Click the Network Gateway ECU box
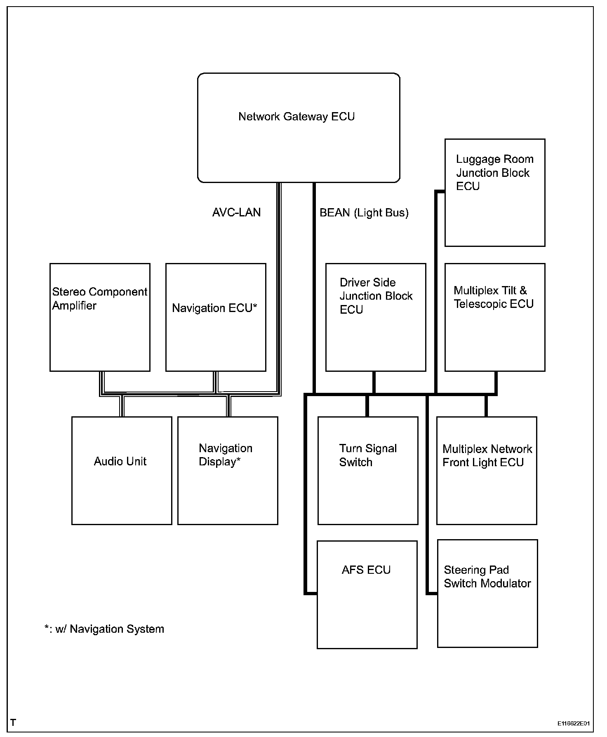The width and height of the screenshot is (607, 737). pos(299,128)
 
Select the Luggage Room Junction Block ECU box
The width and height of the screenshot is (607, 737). pos(495,192)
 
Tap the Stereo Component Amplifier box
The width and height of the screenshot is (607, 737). pos(100,317)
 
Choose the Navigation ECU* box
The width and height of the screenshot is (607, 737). pos(216,317)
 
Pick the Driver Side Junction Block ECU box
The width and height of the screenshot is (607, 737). pos(376,317)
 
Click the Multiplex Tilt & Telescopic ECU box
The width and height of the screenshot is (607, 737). pos(495,317)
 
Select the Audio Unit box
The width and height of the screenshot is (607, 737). pos(122,470)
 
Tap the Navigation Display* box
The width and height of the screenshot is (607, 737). pos(228,470)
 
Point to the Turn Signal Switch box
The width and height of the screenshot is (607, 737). pos(368,470)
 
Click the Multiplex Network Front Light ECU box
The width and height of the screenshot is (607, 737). pos(487,470)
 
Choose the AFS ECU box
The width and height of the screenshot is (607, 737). pos(367,594)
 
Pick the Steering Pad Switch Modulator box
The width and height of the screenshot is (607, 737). pos(487,594)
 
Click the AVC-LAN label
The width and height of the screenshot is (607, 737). pos(236,212)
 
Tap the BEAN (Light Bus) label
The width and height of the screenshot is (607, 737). pos(364,213)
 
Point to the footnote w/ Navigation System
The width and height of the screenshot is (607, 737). pos(104,629)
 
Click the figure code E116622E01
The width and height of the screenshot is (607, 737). pos(573,723)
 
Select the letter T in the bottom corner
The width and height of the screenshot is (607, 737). pos(13,723)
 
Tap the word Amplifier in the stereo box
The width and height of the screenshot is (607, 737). pos(74,306)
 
